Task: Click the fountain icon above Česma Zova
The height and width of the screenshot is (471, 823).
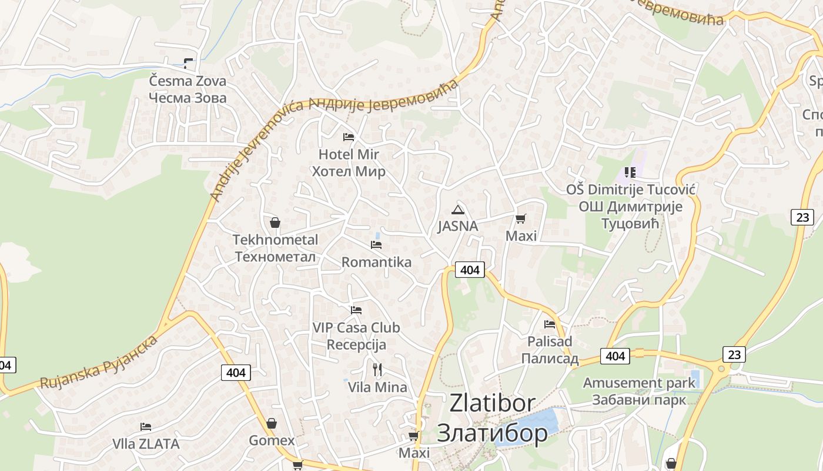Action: click(x=188, y=63)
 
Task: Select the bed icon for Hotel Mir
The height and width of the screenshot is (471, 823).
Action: click(x=349, y=137)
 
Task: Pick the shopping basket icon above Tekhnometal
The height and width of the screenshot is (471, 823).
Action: click(x=275, y=223)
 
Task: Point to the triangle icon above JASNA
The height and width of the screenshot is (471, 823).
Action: click(x=457, y=210)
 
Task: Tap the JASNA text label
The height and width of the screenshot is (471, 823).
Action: click(x=457, y=226)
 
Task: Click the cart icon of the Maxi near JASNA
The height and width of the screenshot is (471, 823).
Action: click(x=520, y=219)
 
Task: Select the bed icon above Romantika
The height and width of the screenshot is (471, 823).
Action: click(x=376, y=244)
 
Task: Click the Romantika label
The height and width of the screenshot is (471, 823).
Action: click(x=376, y=262)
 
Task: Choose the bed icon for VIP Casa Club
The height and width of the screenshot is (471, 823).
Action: click(x=356, y=310)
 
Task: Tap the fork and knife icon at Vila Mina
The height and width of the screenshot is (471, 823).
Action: click(x=377, y=370)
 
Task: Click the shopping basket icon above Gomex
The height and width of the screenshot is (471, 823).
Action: click(x=272, y=423)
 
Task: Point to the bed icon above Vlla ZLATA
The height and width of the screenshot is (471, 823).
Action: click(x=146, y=426)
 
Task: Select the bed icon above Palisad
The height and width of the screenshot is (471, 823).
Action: click(x=550, y=324)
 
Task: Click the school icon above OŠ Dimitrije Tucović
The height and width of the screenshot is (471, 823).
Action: click(x=630, y=173)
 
